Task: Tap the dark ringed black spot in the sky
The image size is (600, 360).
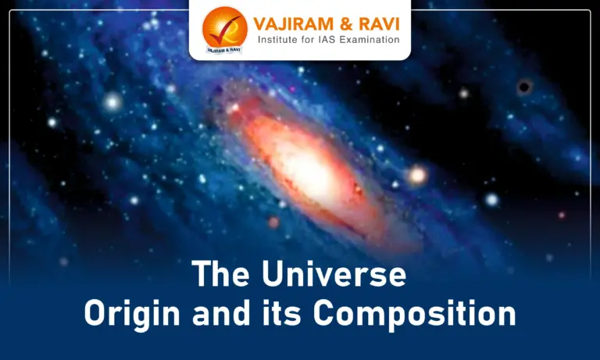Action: (x=524, y=87)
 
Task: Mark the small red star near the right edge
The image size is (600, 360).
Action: (x=561, y=215)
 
